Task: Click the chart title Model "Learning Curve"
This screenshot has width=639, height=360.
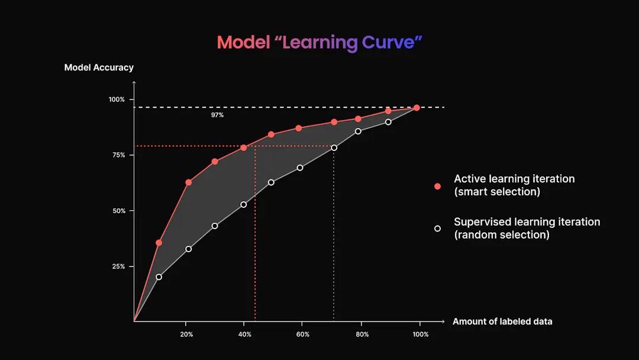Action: coord(319,43)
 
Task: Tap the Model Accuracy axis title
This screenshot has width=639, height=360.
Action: coord(99,67)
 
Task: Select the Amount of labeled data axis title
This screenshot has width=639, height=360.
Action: coord(502,322)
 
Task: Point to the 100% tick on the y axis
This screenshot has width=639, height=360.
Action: coord(117,99)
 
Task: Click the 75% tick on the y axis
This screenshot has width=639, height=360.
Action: coord(118,155)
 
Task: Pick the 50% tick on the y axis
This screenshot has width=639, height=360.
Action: coord(118,211)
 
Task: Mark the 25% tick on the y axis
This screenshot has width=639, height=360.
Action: coord(118,266)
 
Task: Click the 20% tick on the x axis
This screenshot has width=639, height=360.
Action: coord(186,335)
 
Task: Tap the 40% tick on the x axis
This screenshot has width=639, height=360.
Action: coord(244,335)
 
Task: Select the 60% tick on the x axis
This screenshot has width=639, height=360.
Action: coord(303,335)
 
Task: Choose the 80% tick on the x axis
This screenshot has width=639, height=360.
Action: coord(362,335)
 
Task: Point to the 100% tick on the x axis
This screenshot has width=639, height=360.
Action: coord(421,335)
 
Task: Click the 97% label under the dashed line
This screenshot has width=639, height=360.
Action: coord(217,115)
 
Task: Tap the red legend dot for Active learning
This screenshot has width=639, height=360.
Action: coord(438,186)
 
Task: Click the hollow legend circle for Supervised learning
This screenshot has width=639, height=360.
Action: coord(438,229)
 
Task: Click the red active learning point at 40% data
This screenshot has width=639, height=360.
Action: coord(243,147)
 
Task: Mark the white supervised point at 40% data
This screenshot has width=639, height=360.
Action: coord(243,205)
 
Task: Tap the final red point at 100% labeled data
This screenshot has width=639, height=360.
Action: coord(417,108)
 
